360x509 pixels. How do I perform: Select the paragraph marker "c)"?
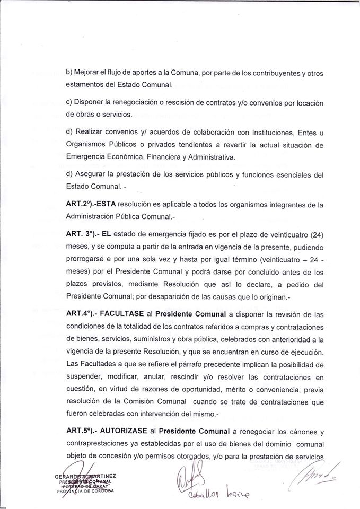pyautogui.click(x=69, y=101)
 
